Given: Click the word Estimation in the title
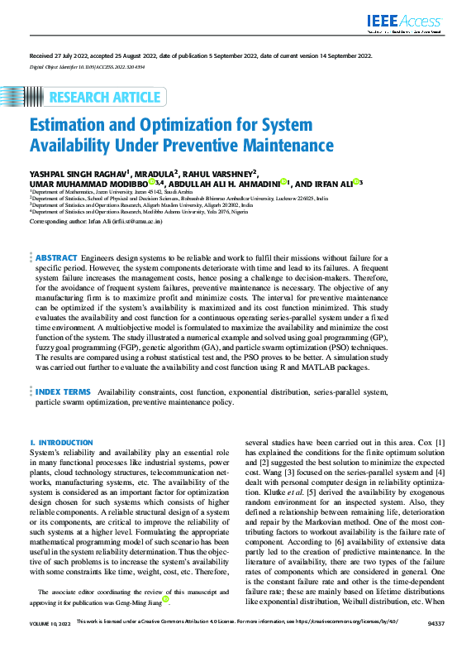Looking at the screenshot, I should (71, 126).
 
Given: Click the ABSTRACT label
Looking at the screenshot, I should (57, 259).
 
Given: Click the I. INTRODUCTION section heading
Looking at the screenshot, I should (61, 444).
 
